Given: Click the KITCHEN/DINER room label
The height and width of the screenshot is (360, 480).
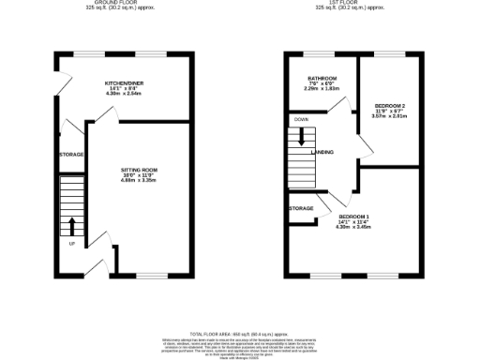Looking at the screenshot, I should point(123,83).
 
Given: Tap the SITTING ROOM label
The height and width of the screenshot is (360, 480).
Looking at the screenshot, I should point(139,170).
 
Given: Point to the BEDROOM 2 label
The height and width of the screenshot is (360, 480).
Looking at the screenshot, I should point(390,105).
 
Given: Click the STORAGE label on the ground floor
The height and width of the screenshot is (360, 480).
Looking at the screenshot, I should point(71,154).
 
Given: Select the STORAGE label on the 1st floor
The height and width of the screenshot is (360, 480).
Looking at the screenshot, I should point(301,208).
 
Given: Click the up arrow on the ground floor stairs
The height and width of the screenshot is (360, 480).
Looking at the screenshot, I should point(71,225).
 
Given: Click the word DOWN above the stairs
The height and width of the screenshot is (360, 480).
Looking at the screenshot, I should point(301,120).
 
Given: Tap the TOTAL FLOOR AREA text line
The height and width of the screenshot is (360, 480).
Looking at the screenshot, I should point(240,333).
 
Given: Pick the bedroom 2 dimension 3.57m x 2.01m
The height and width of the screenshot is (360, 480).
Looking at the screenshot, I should point(390,116).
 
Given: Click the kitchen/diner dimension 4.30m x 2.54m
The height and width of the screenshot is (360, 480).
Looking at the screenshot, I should point(123,95).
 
